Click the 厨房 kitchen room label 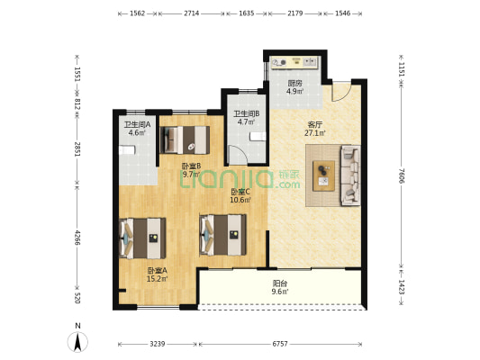pyautogui.click(x=295, y=83)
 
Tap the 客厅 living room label pyautogui.click(x=315, y=125)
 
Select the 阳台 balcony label pyautogui.click(x=280, y=283)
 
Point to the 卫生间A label pyautogui.click(x=137, y=125)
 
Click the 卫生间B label pyautogui.click(x=247, y=113)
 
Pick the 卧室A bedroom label pyautogui.click(x=158, y=271)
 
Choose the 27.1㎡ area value pyautogui.click(x=315, y=133)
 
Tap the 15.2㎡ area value pyautogui.click(x=158, y=279)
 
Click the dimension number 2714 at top pyautogui.click(x=191, y=13)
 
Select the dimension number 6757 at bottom pyautogui.click(x=280, y=344)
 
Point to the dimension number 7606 pyautogui.click(x=402, y=175)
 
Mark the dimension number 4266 pyautogui.click(x=77, y=238)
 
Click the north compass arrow pyautogui.click(x=77, y=342)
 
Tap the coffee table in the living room pyautogui.click(x=323, y=175)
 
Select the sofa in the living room pyautogui.click(x=351, y=175)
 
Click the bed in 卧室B pyautogui.click(x=185, y=139)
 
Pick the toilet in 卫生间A pyautogui.click(x=126, y=150)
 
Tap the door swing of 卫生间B pyautogui.click(x=238, y=155)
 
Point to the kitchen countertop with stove pyautogui.click(x=295, y=62)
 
